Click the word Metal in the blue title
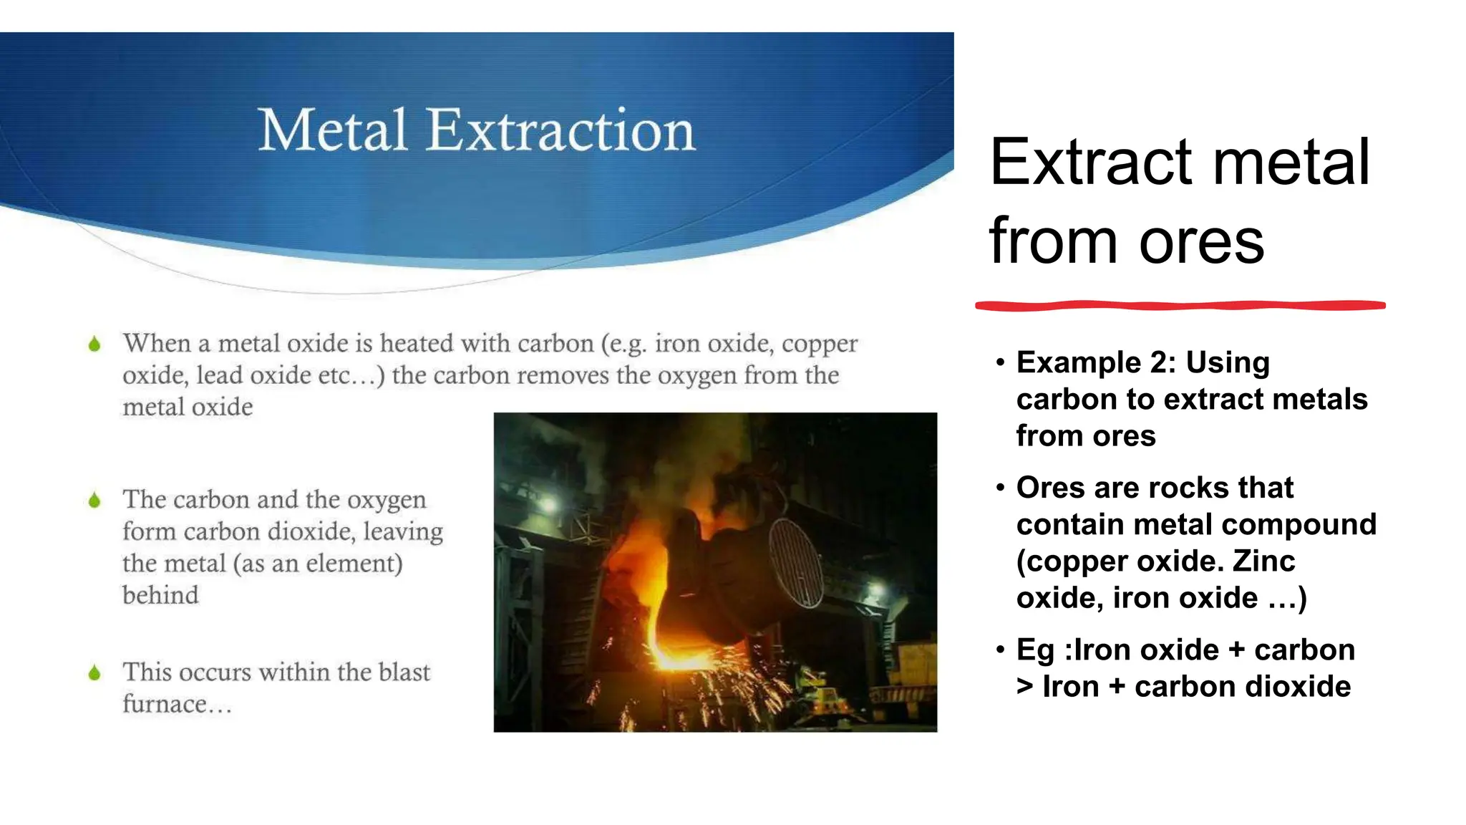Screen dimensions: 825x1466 point(332,130)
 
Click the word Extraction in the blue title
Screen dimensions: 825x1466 point(561,130)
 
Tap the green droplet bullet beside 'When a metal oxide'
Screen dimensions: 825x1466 point(94,344)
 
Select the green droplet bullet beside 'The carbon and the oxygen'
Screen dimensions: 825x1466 point(94,500)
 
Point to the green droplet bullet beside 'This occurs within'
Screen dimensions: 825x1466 point(94,672)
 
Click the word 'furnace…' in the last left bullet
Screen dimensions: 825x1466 point(177,705)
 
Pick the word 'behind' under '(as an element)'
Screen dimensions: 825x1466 point(160,595)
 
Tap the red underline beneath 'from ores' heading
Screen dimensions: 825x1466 point(1180,306)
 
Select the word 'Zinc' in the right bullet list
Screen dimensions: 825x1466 point(1263,561)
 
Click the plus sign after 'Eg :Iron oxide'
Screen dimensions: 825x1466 point(1236,650)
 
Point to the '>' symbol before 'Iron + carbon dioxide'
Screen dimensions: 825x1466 point(1025,687)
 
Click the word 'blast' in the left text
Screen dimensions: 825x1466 point(404,672)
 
